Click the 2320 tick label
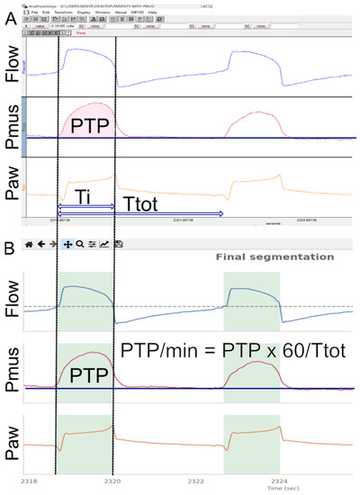click(x=113, y=478)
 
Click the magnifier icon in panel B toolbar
click(x=80, y=243)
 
